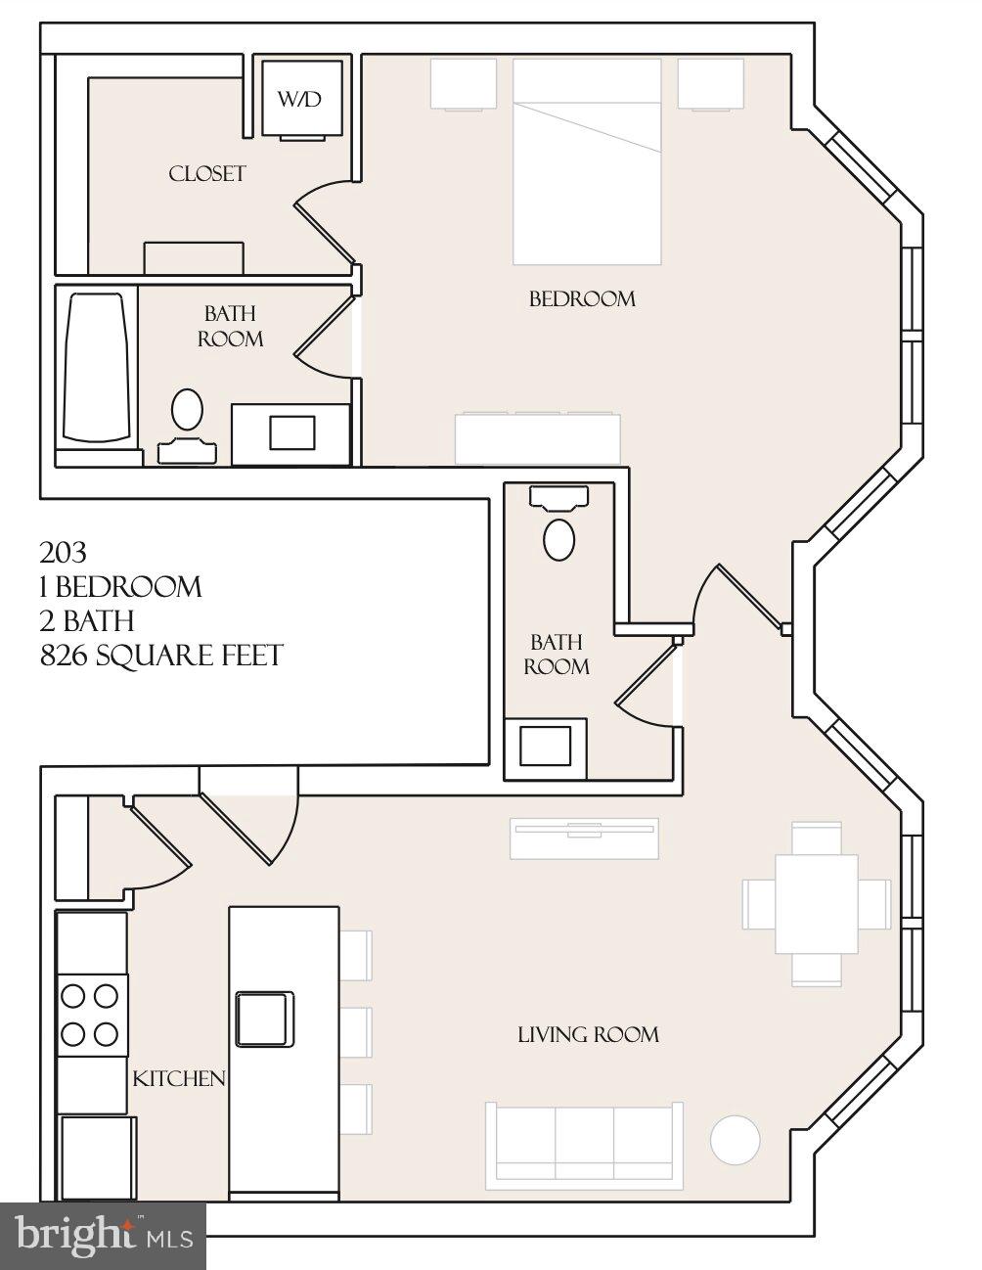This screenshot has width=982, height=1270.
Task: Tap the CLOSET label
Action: point(206,174)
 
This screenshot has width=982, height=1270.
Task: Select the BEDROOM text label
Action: point(582,298)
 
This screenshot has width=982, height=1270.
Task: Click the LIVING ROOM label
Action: point(588,1034)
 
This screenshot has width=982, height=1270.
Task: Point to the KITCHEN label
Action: point(179,1078)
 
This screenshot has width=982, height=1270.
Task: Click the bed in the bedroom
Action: point(587,161)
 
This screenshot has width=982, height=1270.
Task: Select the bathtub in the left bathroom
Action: point(96,367)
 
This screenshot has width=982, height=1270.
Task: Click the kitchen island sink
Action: point(264,1019)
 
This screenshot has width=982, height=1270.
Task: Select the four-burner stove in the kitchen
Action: point(91,1015)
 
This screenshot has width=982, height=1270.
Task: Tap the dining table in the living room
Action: point(817,903)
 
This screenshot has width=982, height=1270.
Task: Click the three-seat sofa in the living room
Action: point(584,1140)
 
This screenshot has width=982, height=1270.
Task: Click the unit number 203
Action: point(64,553)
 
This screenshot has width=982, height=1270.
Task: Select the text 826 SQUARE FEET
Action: point(161,655)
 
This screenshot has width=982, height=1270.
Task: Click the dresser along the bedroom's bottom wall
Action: point(538,438)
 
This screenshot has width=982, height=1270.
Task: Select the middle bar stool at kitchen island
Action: point(357,1030)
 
